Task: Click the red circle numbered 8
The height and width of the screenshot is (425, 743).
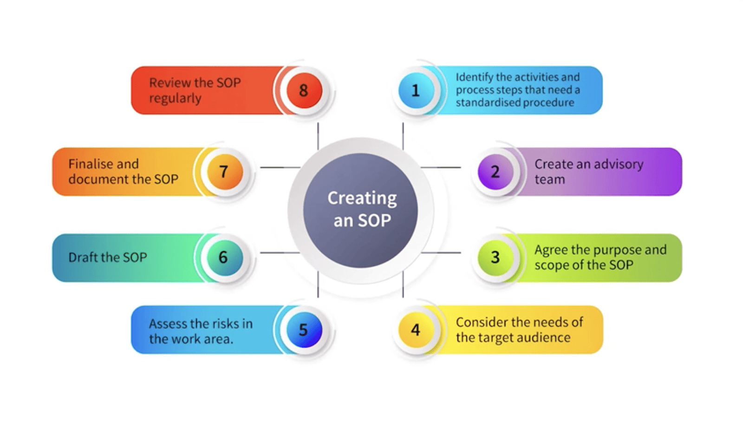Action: [304, 91]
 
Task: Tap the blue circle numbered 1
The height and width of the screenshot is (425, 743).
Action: [416, 91]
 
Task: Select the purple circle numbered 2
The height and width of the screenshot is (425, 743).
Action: [495, 172]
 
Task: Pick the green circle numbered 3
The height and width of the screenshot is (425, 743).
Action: [495, 257]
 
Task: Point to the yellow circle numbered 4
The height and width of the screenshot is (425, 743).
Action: [416, 330]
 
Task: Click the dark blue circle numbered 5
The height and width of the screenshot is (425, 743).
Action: [304, 330]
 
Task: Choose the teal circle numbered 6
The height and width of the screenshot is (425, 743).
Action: [225, 258]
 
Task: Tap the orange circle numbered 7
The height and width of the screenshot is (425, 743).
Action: [225, 172]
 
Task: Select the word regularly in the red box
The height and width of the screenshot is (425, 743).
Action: [175, 99]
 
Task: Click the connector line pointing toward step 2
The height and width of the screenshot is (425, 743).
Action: [441, 167]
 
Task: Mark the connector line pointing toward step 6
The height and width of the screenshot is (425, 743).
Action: [280, 252]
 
